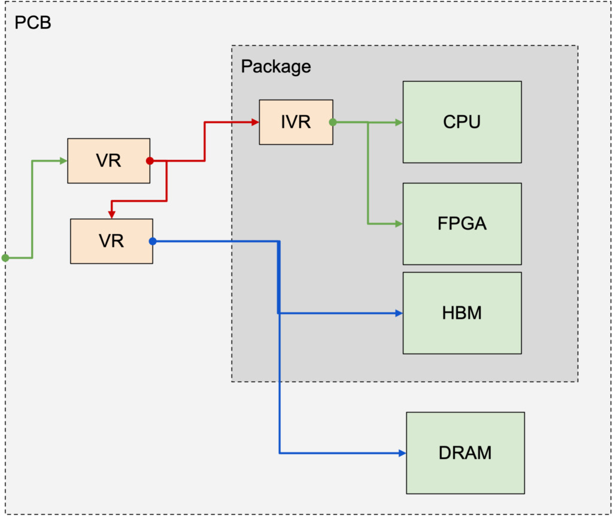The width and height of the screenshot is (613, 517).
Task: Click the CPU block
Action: [x=462, y=122]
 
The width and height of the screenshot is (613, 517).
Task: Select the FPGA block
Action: [x=462, y=224]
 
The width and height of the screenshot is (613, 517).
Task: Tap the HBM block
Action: [x=462, y=313]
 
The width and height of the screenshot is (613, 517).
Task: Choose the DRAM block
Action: [x=465, y=453]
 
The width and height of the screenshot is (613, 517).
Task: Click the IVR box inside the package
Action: [x=296, y=122]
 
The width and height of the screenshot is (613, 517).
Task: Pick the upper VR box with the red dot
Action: [x=108, y=161]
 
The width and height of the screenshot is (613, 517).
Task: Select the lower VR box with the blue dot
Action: [x=111, y=241]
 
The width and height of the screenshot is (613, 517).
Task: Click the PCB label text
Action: [x=32, y=23]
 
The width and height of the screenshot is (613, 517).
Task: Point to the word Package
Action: [x=276, y=66]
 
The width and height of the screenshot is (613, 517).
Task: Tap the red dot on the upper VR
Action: [x=150, y=161]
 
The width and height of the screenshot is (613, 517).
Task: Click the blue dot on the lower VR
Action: [x=152, y=241]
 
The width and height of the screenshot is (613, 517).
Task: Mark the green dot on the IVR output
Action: [x=333, y=122]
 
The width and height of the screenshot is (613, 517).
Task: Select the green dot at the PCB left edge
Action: [x=5, y=258]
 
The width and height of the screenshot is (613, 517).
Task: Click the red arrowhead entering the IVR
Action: [x=255, y=122]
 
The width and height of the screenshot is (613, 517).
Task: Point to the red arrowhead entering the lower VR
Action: [x=111, y=215]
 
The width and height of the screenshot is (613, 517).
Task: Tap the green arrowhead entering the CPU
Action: [x=399, y=122]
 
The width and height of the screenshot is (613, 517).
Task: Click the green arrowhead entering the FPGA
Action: [x=399, y=224]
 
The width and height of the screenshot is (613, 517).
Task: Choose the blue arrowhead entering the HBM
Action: [x=399, y=313]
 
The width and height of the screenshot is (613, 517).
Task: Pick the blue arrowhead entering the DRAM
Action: [x=402, y=453]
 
